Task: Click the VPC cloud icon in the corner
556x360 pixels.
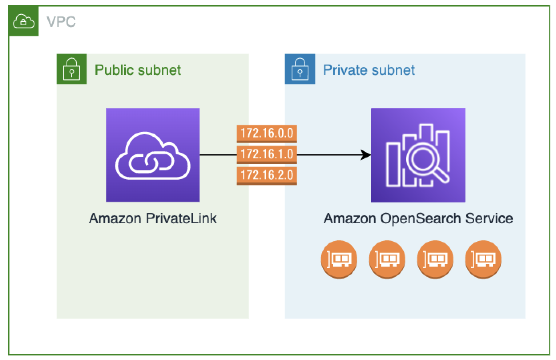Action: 23,21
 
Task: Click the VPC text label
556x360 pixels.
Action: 61,22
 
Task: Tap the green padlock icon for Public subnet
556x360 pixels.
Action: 72,69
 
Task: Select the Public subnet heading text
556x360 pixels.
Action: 138,70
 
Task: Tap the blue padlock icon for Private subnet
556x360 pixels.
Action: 300,69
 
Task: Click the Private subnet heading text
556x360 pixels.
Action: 369,70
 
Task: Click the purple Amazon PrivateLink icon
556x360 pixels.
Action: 153,155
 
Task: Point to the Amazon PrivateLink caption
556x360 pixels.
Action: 153,218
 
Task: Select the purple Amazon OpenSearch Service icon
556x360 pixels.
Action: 418,155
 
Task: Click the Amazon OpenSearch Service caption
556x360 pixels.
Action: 418,218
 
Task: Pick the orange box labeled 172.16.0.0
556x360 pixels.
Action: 267,133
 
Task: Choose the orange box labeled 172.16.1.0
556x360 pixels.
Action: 267,154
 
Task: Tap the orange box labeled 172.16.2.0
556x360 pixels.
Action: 267,175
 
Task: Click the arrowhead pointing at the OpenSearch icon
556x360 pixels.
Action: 366,155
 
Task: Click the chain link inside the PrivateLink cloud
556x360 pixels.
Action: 151,162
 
